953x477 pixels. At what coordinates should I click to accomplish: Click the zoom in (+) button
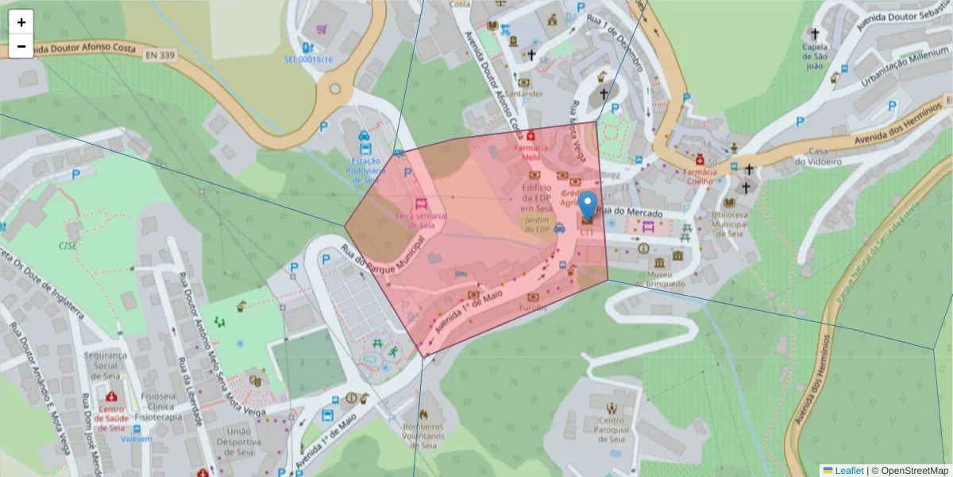coord(21,22)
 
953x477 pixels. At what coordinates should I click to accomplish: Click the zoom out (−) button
coord(21,46)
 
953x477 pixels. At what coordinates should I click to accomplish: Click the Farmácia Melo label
coord(531,152)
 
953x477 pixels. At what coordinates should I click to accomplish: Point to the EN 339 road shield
coord(161,55)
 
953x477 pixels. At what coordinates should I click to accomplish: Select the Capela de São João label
coord(815,56)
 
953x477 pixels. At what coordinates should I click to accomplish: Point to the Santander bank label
coord(525,93)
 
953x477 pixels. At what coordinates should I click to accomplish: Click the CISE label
coord(68,246)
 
